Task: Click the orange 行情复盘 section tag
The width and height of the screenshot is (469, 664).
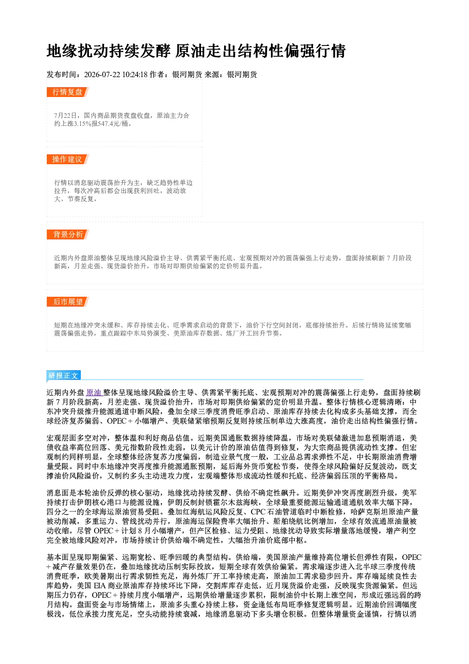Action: pos(68,92)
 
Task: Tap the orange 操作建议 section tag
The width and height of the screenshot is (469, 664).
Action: pos(68,159)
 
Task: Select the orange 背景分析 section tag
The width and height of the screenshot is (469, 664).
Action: pos(68,234)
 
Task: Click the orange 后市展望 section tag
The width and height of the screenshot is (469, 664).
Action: pos(68,302)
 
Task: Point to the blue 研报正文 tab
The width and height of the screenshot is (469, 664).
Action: pos(63,376)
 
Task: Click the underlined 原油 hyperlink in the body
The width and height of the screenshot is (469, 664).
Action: pos(94,393)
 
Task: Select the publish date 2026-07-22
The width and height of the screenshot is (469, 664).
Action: pos(102,74)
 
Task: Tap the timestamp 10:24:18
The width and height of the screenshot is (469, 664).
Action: pos(135,74)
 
